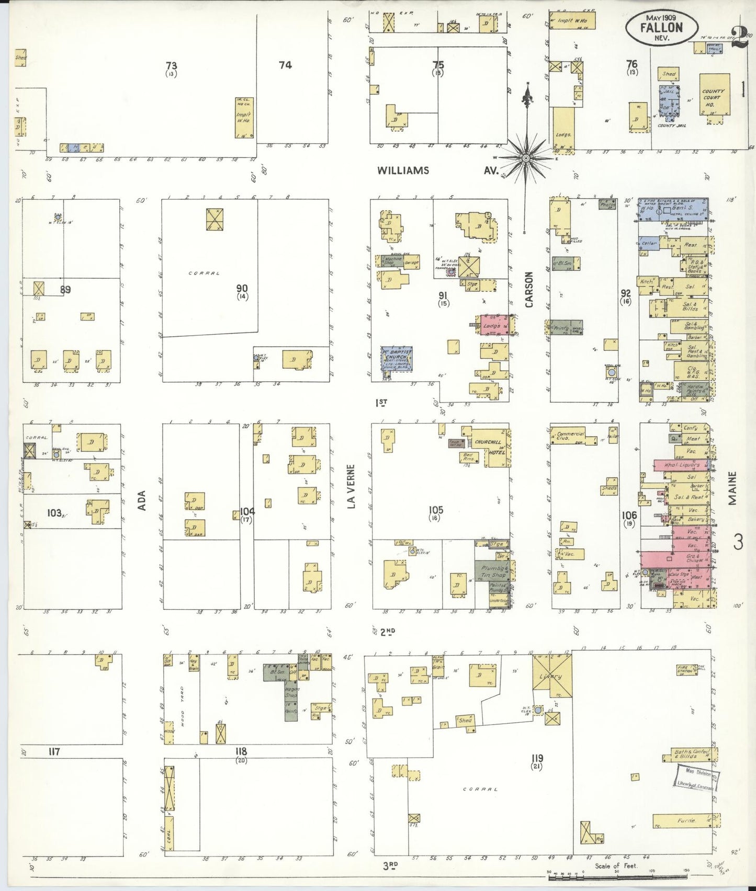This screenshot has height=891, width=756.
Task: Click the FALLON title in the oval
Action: tap(661, 28)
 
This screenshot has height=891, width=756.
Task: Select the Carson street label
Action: tap(528, 289)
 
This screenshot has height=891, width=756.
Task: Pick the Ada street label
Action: tap(142, 500)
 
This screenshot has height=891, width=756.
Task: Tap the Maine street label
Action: tap(732, 488)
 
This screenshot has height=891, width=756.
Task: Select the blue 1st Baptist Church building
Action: tap(396, 358)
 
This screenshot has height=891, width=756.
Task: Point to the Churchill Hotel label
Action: tap(489, 447)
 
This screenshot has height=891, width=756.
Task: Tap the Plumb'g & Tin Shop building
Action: tap(491, 572)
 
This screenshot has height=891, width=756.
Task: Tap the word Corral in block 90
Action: tap(205, 273)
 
